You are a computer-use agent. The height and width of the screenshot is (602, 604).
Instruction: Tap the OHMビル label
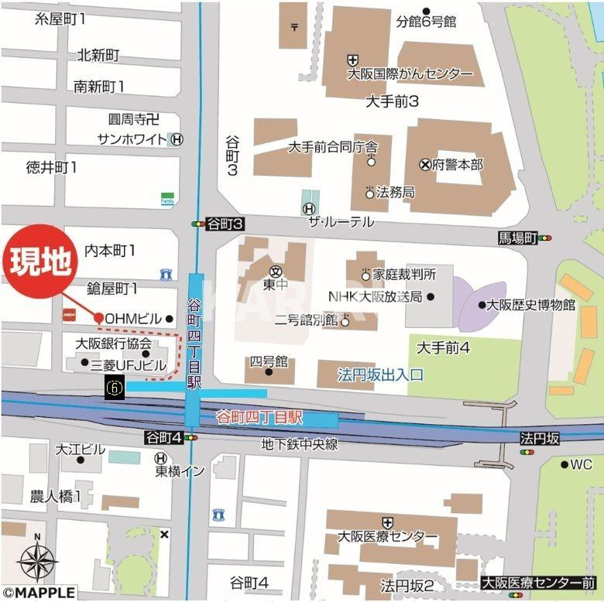[133, 319]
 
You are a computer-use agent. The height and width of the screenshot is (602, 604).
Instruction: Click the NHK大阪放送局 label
[375, 296]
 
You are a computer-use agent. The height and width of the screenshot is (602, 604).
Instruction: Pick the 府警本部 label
[457, 165]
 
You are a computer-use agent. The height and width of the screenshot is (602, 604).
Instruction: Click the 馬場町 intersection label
[517, 238]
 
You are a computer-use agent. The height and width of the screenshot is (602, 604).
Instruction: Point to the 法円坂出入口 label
[380, 375]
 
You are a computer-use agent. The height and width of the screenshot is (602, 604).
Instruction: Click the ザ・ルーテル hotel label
[341, 222]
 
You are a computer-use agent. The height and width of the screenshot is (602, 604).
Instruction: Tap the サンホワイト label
[132, 139]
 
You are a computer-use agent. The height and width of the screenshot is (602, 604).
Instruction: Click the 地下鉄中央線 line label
[299, 444]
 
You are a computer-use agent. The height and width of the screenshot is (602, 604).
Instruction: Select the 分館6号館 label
[426, 21]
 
